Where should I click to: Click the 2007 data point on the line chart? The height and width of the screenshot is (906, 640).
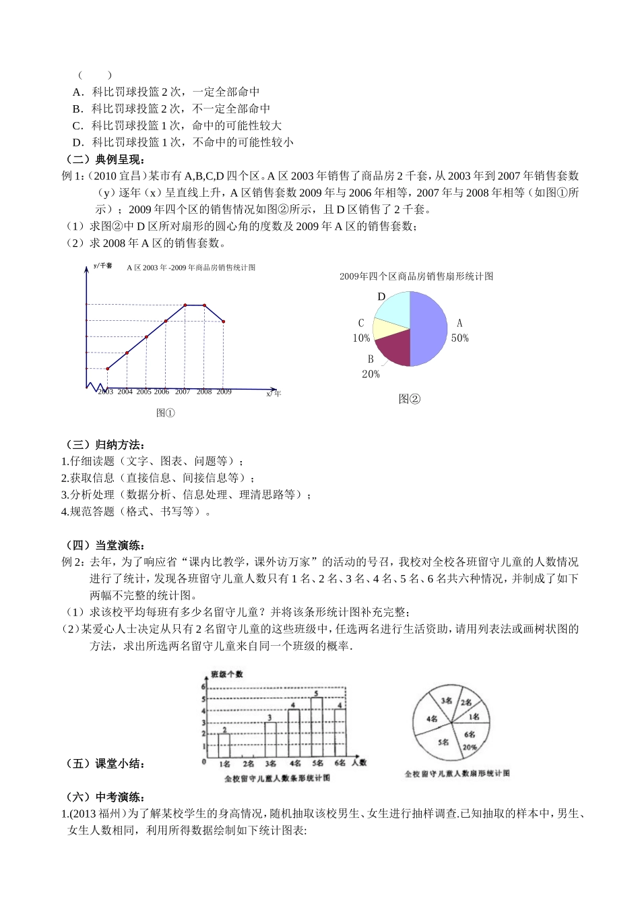tap(185, 305)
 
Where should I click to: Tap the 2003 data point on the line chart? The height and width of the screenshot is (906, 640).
tap(107, 368)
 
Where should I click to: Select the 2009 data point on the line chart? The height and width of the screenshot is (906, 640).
tap(224, 322)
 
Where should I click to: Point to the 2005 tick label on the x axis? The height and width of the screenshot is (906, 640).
tap(143, 392)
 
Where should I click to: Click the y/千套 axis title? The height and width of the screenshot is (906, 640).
tap(103, 266)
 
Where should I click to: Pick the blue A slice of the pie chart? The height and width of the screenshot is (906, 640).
tap(428, 329)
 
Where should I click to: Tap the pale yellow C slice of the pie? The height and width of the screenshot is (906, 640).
tap(383, 328)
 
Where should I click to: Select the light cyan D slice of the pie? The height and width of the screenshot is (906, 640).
tap(393, 307)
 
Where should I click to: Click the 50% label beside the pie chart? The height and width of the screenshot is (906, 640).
tap(460, 338)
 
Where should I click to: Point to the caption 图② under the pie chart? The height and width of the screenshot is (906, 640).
tap(409, 399)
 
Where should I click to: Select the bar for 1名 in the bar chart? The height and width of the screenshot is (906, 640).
tap(224, 745)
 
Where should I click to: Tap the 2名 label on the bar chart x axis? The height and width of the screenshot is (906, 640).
tap(247, 764)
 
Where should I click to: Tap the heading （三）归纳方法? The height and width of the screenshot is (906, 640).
tap(104, 444)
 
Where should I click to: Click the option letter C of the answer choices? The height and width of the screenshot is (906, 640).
tap(77, 125)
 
